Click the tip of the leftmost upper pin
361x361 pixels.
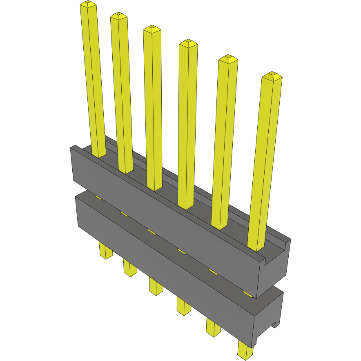(x=88, y=4)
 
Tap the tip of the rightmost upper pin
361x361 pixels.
(x=272, y=76)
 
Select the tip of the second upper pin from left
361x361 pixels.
(x=118, y=16)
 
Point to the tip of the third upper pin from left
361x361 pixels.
(x=152, y=29)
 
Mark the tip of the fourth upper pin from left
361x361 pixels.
(x=188, y=43)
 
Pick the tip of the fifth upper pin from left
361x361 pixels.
(x=228, y=59)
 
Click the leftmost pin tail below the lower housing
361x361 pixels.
(x=105, y=251)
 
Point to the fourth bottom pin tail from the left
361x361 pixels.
(x=183, y=305)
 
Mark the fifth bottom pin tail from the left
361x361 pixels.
(x=213, y=327)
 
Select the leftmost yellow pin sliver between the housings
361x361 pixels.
(x=98, y=198)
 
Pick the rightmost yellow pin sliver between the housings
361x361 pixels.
(x=247, y=293)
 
